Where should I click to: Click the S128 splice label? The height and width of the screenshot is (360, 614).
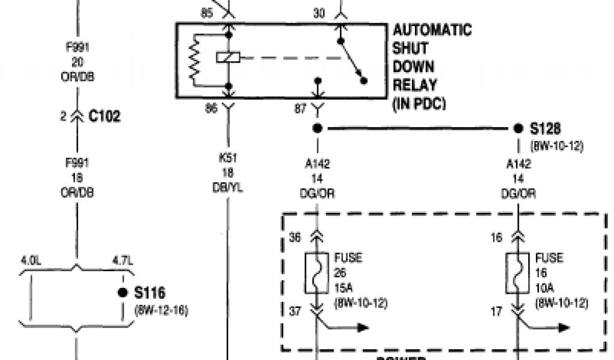click(x=546, y=129)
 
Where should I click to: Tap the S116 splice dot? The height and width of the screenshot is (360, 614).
click(x=123, y=293)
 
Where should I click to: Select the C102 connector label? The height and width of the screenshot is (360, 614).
click(x=104, y=116)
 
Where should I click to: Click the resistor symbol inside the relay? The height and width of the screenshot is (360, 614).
click(x=194, y=58)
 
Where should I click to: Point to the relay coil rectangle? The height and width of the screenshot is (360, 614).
click(x=228, y=58)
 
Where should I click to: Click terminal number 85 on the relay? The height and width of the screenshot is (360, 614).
click(x=207, y=12)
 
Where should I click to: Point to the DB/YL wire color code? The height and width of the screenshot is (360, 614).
click(x=228, y=188)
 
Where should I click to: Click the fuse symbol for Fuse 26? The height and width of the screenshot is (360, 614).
click(x=317, y=273)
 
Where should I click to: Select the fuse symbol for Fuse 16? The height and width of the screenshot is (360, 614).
click(x=518, y=273)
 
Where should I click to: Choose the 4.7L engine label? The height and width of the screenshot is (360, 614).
click(x=122, y=262)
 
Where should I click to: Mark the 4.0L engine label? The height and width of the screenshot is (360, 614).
click(x=30, y=262)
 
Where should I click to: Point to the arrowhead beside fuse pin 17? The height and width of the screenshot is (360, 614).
click(x=564, y=328)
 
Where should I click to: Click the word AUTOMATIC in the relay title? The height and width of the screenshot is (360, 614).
click(x=432, y=30)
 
